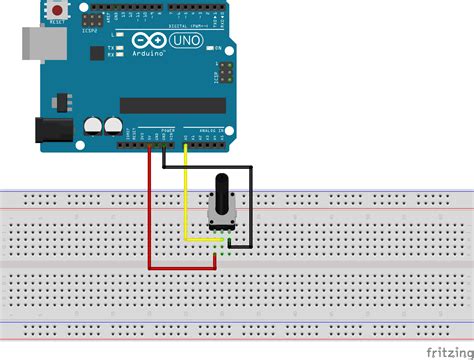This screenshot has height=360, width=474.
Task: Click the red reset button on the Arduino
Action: tap(56, 9)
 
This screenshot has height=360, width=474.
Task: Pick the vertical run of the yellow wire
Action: tap(186, 195)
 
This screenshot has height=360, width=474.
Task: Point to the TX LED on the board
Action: tap(117, 47)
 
